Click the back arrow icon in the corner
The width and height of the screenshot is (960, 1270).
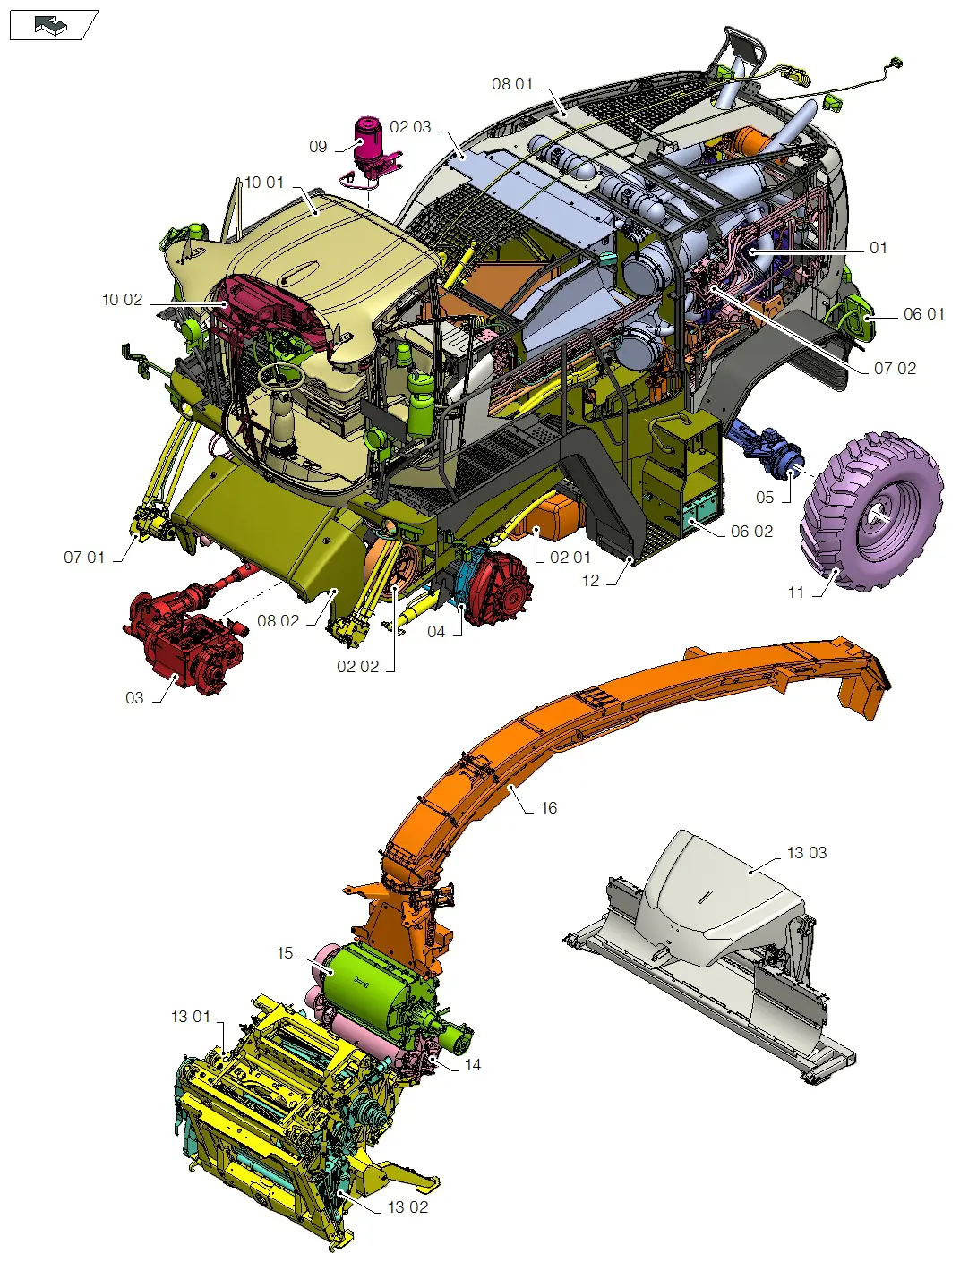(51, 26)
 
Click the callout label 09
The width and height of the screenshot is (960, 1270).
(318, 147)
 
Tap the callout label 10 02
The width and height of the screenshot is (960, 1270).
(122, 300)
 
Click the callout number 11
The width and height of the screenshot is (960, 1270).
(796, 592)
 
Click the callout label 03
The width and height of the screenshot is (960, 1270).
(134, 698)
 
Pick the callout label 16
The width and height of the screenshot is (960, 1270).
(548, 808)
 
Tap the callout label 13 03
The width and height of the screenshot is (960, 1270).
(806, 853)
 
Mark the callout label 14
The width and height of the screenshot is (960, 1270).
(472, 1065)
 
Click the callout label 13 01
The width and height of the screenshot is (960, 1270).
(190, 1017)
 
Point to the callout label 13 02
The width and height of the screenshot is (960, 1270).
(407, 1207)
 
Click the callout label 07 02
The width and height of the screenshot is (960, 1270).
(895, 369)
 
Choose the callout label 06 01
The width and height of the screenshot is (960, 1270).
(923, 314)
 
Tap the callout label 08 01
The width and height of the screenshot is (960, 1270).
(511, 84)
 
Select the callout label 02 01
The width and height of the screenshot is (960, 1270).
(570, 558)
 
